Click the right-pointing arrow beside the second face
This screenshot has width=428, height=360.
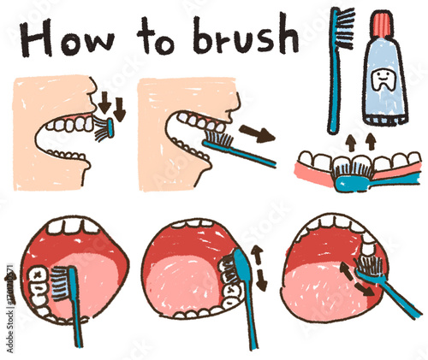[257, 133]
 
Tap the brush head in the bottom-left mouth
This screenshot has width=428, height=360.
[65, 281]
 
